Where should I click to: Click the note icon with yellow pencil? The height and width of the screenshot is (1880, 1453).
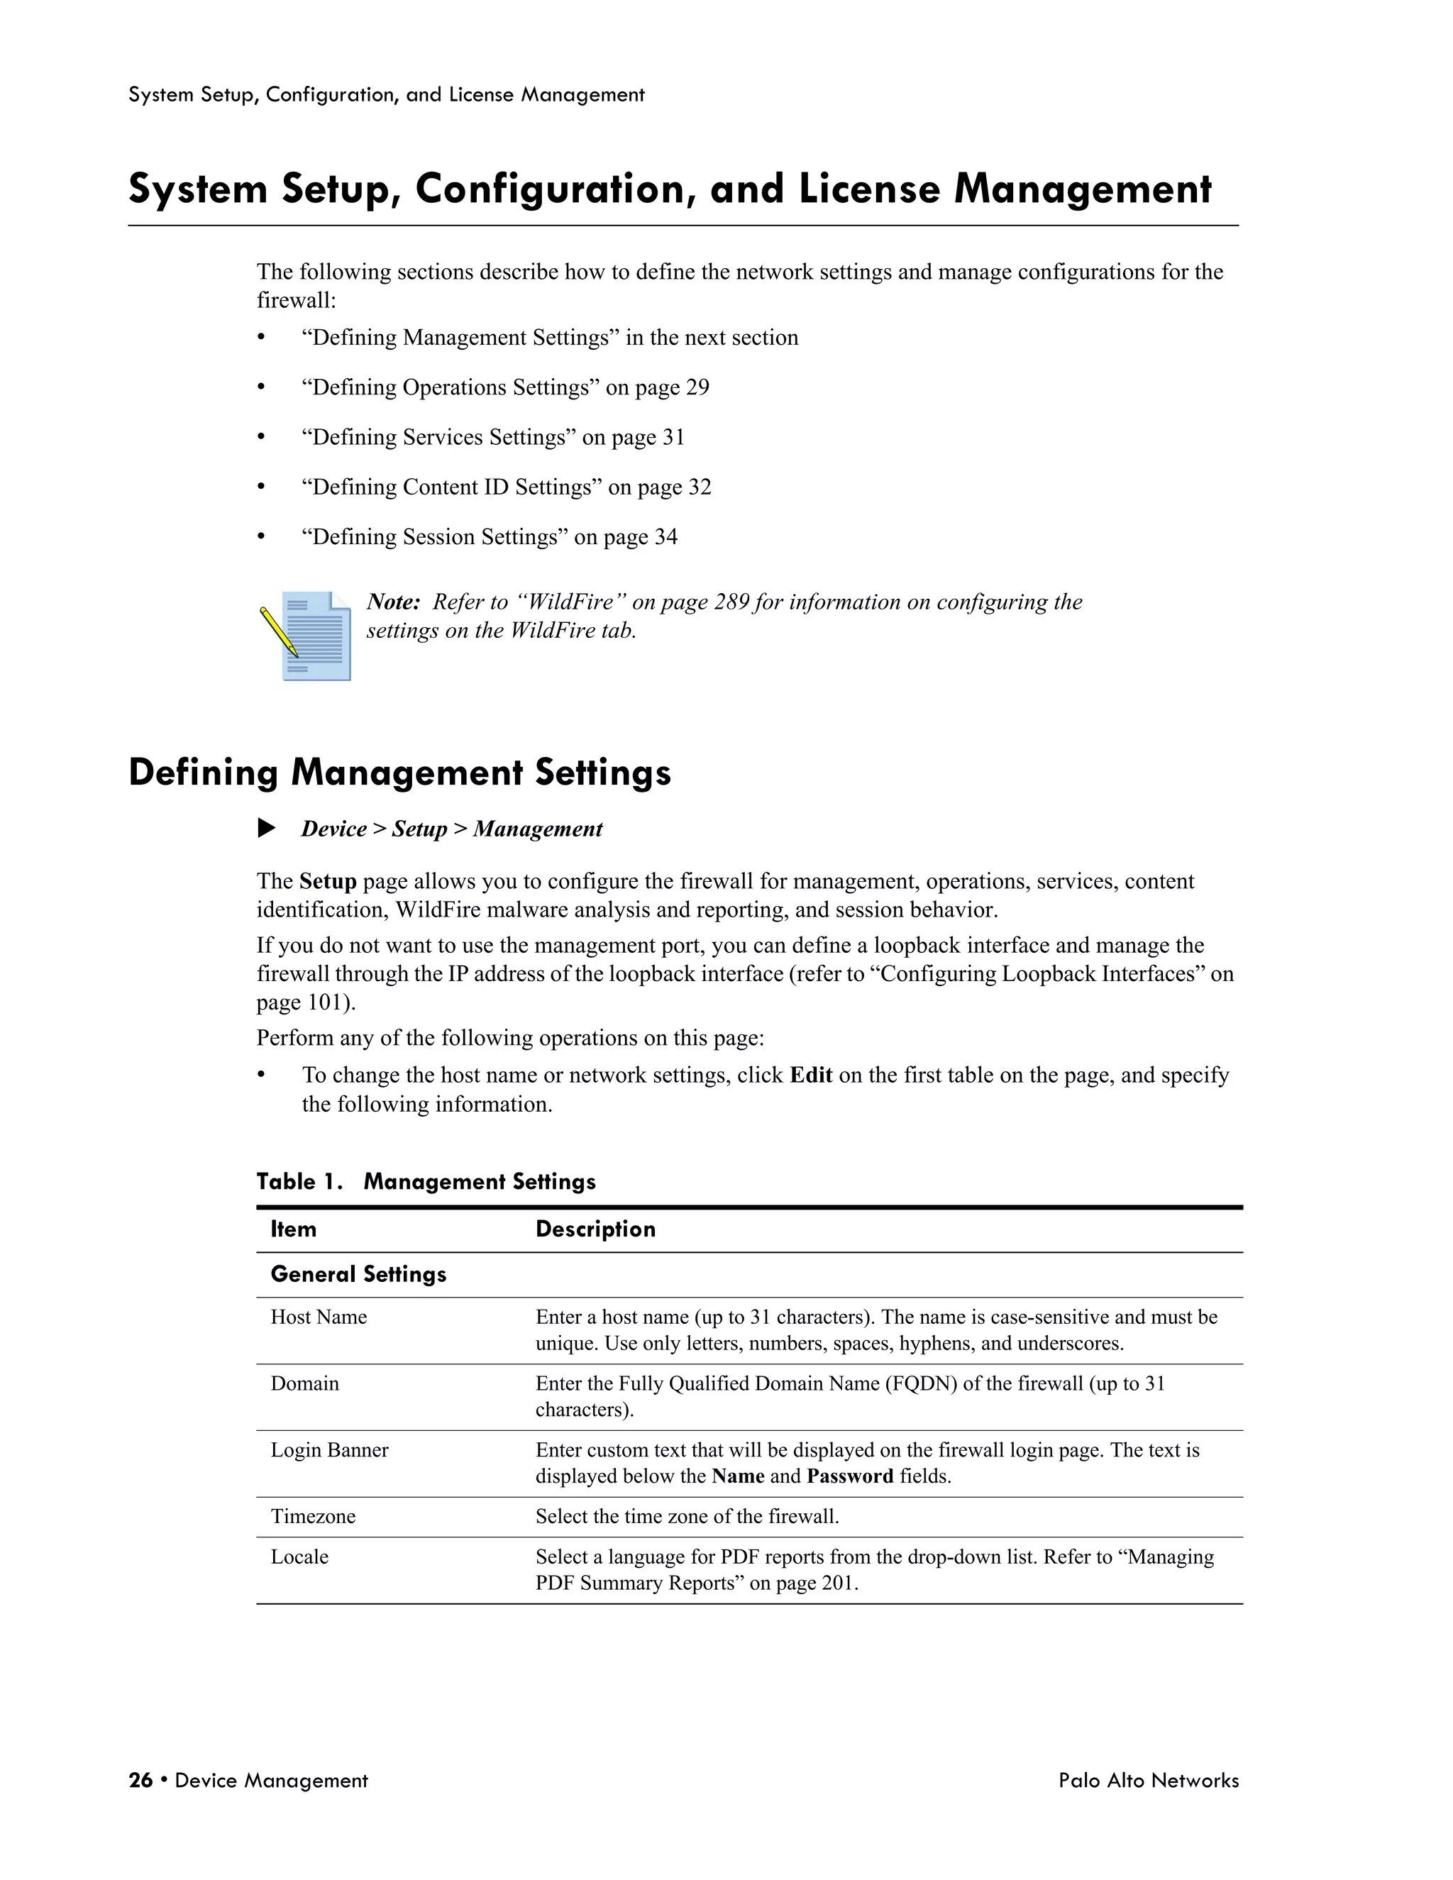pos(306,636)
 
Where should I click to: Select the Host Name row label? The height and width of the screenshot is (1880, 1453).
pos(319,1317)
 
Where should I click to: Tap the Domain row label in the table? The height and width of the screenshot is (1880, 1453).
pos(304,1383)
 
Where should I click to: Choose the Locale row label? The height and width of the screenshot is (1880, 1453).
pos(299,1556)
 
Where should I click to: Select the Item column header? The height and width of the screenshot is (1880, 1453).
pos(294,1229)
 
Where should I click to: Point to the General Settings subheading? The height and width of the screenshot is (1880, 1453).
pos(358,1274)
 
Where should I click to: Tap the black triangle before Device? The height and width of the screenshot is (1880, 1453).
pos(267,828)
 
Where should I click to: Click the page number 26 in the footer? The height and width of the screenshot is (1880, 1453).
pos(140,1780)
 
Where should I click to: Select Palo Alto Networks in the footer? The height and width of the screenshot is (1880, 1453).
pos(1149,1780)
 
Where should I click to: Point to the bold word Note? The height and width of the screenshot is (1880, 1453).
pos(393,602)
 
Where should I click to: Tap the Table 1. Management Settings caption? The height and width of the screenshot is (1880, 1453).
pos(426,1181)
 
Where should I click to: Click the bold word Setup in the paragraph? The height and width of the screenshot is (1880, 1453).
pos(328,881)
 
